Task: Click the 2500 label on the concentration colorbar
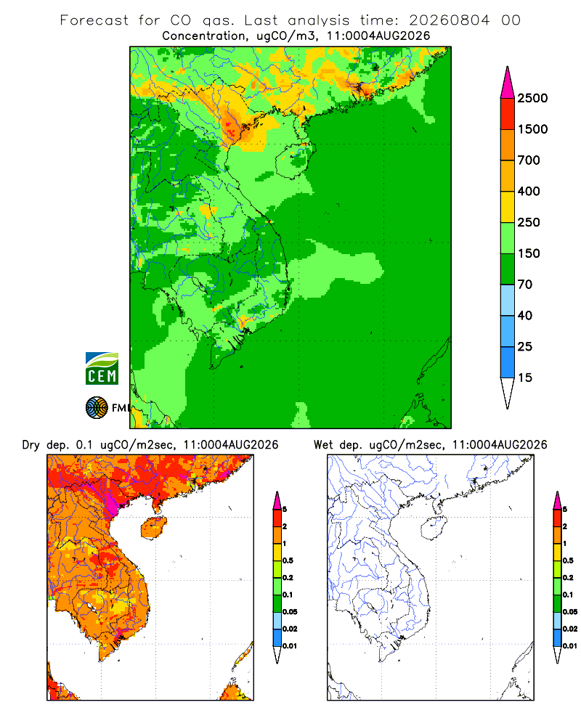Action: pyautogui.click(x=532, y=98)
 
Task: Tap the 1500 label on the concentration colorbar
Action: pyautogui.click(x=532, y=129)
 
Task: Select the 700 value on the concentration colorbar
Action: pyautogui.click(x=529, y=160)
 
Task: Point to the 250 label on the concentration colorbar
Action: pyautogui.click(x=529, y=222)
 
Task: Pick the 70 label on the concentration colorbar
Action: pyautogui.click(x=525, y=285)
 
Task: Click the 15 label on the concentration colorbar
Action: pyautogui.click(x=525, y=378)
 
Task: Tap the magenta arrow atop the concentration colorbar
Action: pyautogui.click(x=508, y=83)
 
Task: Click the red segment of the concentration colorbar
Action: pyautogui.click(x=508, y=114)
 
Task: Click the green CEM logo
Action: pyautogui.click(x=102, y=369)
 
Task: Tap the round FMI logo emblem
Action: pyautogui.click(x=97, y=408)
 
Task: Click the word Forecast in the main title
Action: pyautogui.click(x=94, y=20)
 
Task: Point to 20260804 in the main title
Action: pyautogui.click(x=449, y=20)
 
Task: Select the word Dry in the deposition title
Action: pyautogui.click(x=31, y=445)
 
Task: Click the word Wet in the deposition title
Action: pyautogui.click(x=323, y=445)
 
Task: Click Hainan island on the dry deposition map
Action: pyautogui.click(x=153, y=527)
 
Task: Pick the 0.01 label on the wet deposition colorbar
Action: pyautogui.click(x=570, y=646)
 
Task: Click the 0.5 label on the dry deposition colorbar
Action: pyautogui.click(x=288, y=560)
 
